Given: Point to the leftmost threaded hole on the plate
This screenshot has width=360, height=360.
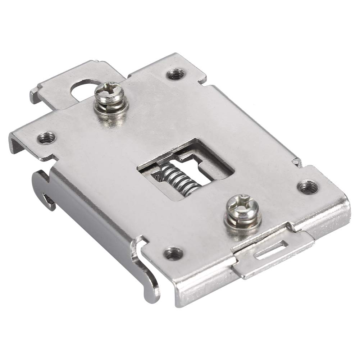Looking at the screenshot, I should click(x=46, y=137).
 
